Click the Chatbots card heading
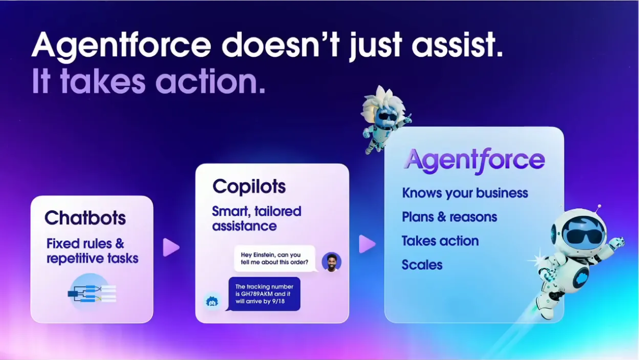click(85, 218)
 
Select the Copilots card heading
click(249, 187)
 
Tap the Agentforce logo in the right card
click(474, 160)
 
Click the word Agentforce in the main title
click(121, 45)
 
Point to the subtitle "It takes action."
click(148, 82)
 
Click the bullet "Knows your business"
click(465, 193)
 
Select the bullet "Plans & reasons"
click(449, 217)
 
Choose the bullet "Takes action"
click(440, 241)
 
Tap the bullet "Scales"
click(422, 265)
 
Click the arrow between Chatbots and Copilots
click(171, 247)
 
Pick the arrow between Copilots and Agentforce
click(367, 244)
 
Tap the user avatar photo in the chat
click(331, 262)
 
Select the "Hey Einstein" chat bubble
click(274, 258)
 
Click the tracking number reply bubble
click(264, 294)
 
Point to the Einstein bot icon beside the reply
click(212, 301)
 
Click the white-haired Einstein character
click(384, 117)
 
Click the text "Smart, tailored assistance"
click(256, 219)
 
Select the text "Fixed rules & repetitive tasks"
click(92, 251)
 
